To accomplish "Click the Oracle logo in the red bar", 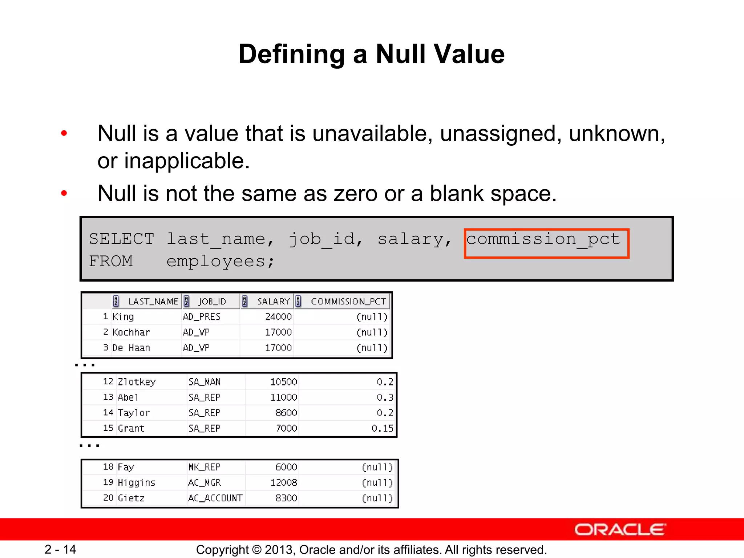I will (x=620, y=530).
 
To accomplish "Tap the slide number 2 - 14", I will (x=60, y=549).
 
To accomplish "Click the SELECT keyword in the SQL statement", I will (x=122, y=239).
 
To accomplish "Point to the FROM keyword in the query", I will (x=111, y=262).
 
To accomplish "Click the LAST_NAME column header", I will (x=153, y=302).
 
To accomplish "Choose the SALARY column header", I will (x=273, y=302).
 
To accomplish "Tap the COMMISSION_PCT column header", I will (x=348, y=302).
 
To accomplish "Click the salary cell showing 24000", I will (x=278, y=317).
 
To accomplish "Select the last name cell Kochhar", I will (x=131, y=332).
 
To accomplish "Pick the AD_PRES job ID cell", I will (x=202, y=317).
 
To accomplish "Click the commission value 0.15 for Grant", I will (x=382, y=429).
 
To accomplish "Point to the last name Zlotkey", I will (x=137, y=382).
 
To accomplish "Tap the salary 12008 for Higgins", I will (x=283, y=483).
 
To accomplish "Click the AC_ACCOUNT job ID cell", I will (x=215, y=498).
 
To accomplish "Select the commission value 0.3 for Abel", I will (x=385, y=397).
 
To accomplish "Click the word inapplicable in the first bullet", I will (x=187, y=161).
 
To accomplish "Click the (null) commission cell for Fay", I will (x=377, y=467).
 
